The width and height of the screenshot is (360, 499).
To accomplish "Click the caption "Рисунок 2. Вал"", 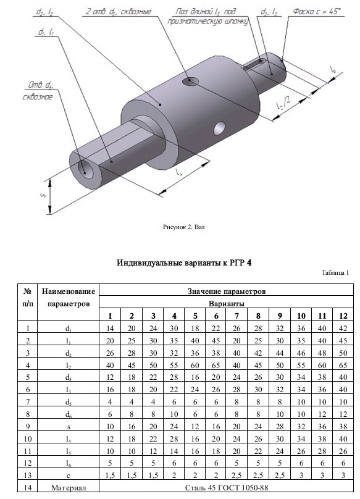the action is point(183,227).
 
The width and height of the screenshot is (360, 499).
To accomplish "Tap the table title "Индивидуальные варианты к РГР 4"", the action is point(184,263).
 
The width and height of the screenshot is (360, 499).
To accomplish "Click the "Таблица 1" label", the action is point(335,273).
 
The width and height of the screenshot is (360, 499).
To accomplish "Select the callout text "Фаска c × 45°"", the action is point(317,12).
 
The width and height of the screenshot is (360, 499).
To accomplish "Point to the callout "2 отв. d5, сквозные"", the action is point(119,12).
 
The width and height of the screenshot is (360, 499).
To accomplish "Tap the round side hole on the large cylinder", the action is point(220,128).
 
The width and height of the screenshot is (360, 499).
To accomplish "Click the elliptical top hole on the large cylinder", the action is point(190,82).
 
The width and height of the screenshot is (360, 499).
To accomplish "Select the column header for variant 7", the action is point(237,316).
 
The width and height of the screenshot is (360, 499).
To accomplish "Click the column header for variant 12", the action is point(343,316).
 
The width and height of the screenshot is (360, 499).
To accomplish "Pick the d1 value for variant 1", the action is point(110,328).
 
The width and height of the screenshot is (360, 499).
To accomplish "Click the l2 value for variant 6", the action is point(216,365).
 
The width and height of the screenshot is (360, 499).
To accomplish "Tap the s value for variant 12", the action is point(343,426).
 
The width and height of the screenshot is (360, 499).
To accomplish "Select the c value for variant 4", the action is point(174,475).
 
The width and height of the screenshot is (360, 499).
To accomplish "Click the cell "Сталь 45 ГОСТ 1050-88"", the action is point(227,487).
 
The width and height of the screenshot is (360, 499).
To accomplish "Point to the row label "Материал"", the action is point(69,487).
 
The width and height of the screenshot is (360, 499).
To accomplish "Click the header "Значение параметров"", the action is point(227,291).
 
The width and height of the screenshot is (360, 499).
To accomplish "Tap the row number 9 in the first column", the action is point(28,426).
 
